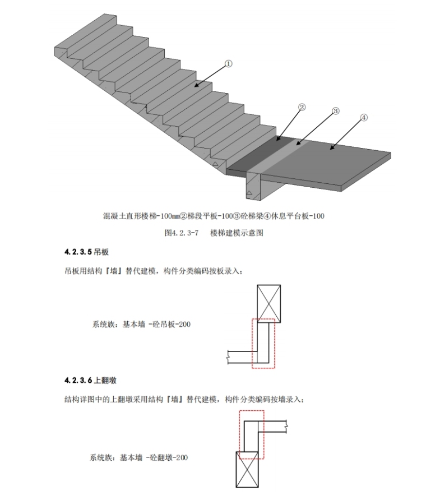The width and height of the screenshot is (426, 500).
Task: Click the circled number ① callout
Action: coord(228,64)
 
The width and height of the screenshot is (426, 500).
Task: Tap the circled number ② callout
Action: coord(301,107)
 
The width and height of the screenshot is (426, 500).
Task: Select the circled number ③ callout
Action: coord(336,111)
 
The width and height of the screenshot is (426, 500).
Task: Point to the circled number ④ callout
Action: coord(363,118)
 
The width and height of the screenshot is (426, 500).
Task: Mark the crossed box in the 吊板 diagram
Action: coord(268,302)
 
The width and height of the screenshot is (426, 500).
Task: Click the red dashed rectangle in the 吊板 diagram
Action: coord(263,344)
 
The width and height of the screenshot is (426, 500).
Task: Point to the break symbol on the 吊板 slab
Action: coord(229,354)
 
